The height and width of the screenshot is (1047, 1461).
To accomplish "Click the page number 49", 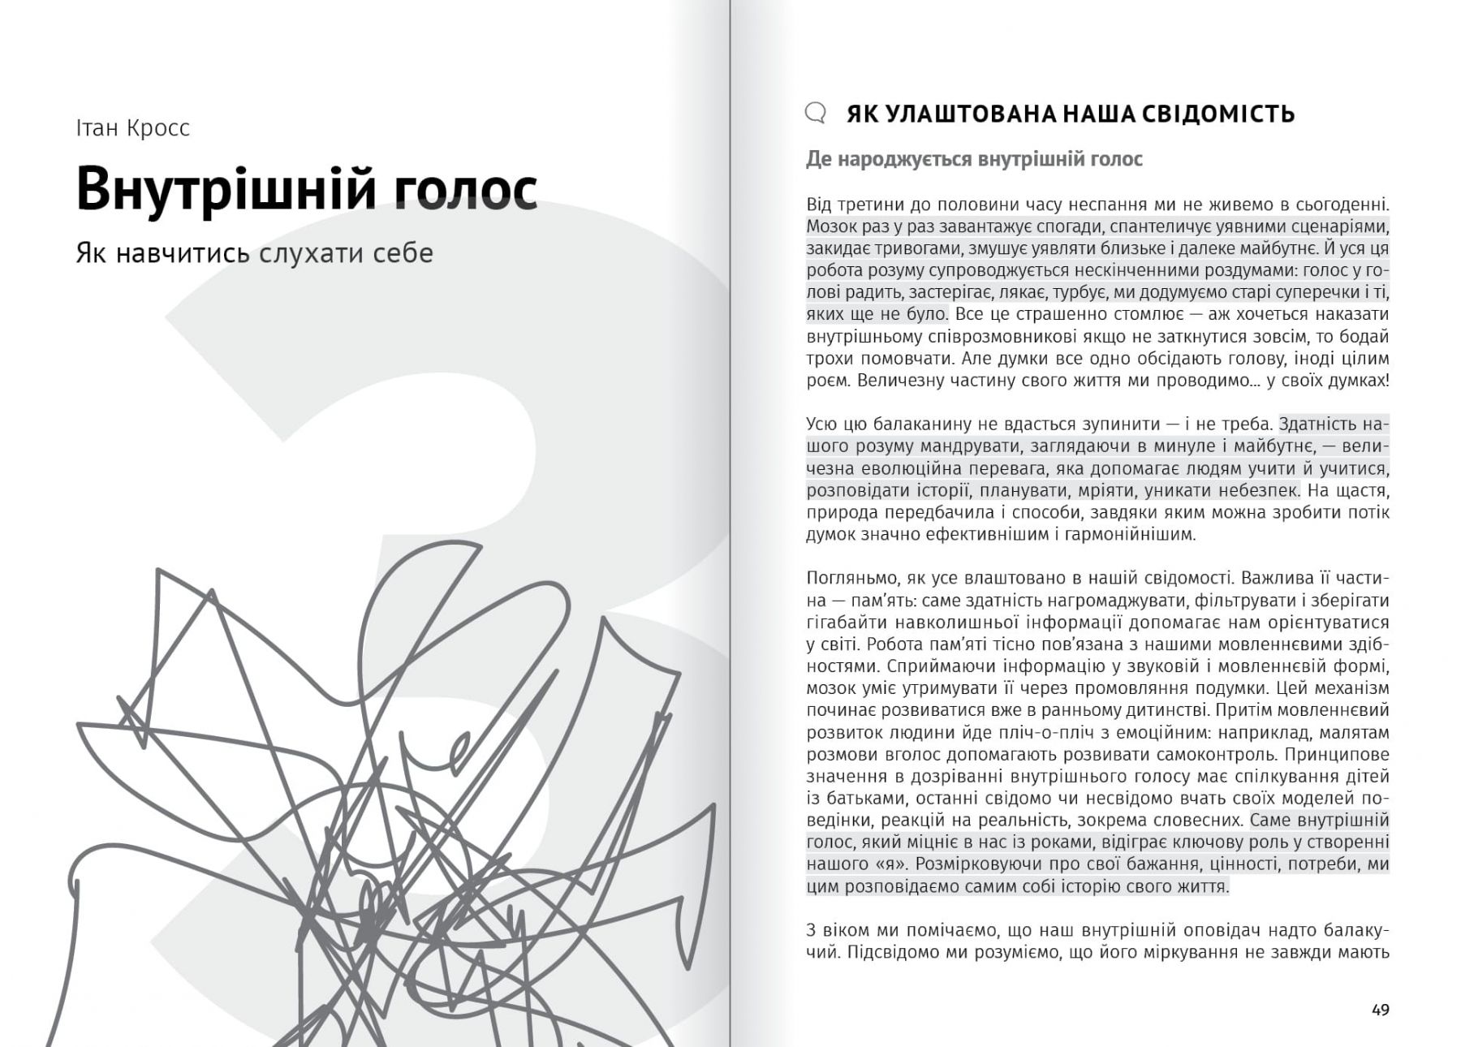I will tap(1380, 1010).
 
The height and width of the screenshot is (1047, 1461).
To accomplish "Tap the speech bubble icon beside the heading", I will tap(815, 113).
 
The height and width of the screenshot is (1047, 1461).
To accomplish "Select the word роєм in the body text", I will tap(827, 380).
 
